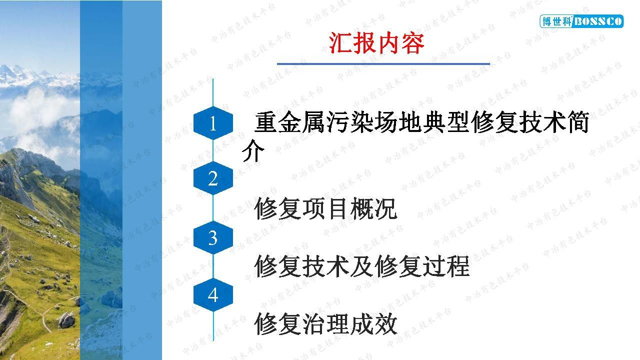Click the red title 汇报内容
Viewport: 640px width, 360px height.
coord(376,43)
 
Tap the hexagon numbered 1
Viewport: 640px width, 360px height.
coord(213,123)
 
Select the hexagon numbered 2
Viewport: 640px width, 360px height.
coord(213,178)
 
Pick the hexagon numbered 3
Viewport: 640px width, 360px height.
coord(213,237)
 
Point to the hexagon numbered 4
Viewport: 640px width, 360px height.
coord(213,294)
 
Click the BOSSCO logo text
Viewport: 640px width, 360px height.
coord(597,21)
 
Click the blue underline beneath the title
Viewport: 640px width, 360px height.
coord(383,63)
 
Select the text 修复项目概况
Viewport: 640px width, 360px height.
coord(325,208)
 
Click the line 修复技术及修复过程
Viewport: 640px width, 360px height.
coord(361,266)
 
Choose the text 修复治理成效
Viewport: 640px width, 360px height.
coord(325,323)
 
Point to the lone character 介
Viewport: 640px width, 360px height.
coord(253,150)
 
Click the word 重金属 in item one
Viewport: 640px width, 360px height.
coord(289,122)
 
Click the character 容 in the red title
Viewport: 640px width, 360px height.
coord(412,43)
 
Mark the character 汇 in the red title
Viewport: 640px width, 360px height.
coord(340,43)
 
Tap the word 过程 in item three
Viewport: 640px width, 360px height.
coord(445,266)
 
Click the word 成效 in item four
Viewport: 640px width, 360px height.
coord(373,323)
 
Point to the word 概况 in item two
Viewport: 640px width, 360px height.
coord(373,208)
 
